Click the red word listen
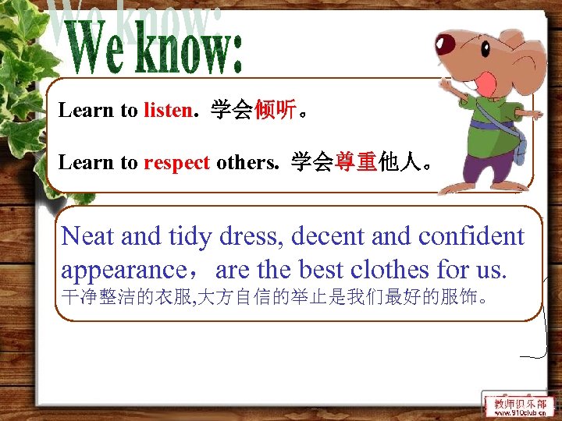click(x=167, y=110)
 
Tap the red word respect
click(x=176, y=162)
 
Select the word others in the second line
click(x=244, y=162)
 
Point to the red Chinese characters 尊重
click(x=357, y=162)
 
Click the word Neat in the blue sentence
click(x=88, y=235)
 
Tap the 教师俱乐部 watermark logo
click(x=520, y=405)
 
